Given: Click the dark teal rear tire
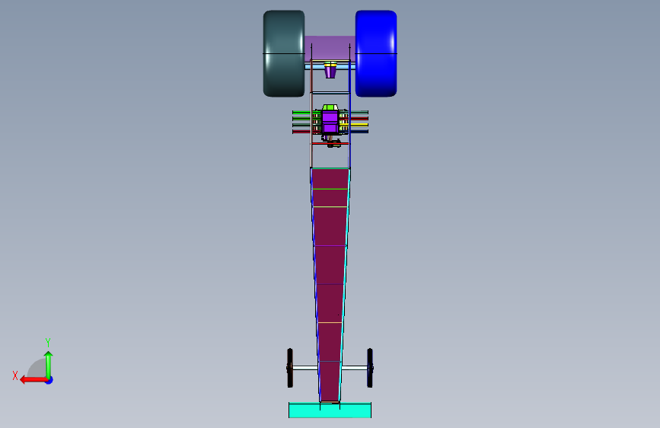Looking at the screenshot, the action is (284, 53).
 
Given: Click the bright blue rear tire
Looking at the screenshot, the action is (376, 53).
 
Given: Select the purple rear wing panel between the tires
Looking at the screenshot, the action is (330, 48).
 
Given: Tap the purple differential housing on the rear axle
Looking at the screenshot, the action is (330, 70).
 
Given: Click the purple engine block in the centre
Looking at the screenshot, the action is (330, 122).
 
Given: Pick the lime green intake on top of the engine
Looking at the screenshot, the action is (330, 107).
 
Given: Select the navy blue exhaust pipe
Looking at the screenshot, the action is (359, 132).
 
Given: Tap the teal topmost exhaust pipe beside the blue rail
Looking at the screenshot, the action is (359, 112).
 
